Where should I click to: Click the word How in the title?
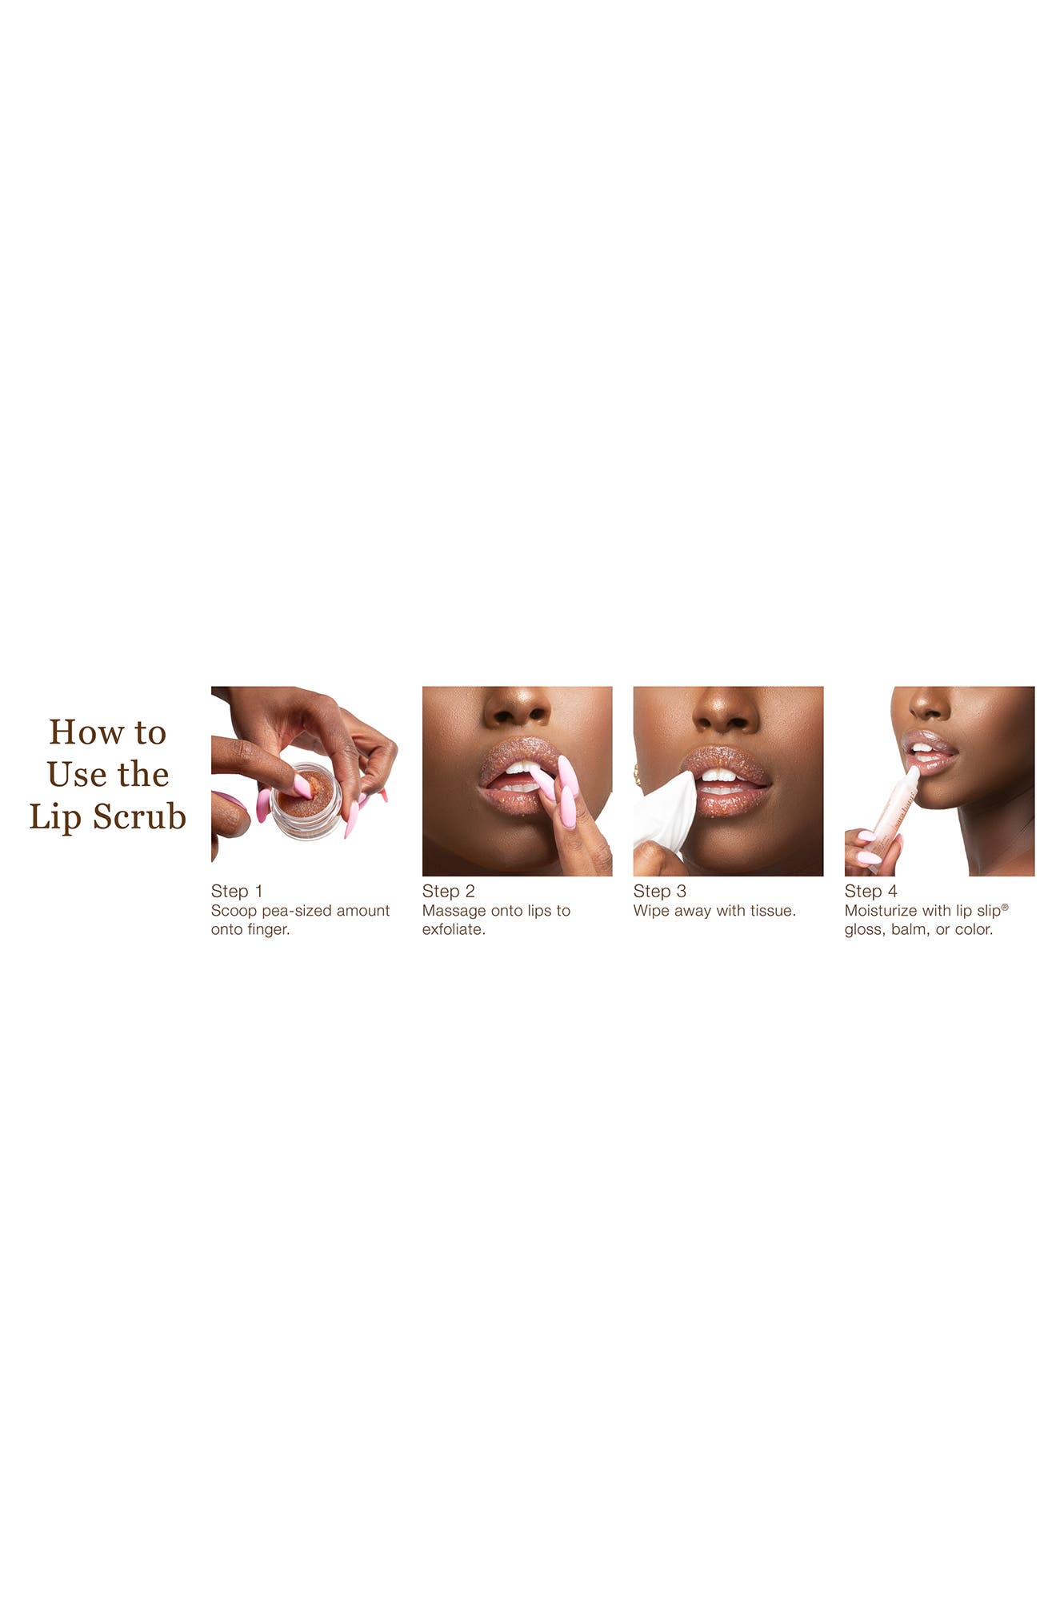click(79, 732)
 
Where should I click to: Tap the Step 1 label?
click(237, 891)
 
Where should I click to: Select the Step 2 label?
click(448, 891)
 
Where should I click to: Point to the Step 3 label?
click(659, 891)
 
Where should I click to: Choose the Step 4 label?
click(870, 891)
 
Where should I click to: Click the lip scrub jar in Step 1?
click(306, 802)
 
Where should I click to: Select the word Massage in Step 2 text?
click(451, 911)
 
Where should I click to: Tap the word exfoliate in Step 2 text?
click(453, 929)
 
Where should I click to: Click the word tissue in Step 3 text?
click(772, 911)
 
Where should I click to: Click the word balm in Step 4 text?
click(908, 929)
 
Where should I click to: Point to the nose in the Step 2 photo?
click(517, 709)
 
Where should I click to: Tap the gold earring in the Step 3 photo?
click(638, 774)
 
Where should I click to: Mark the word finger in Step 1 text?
click(268, 929)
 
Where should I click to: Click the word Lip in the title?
click(55, 816)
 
